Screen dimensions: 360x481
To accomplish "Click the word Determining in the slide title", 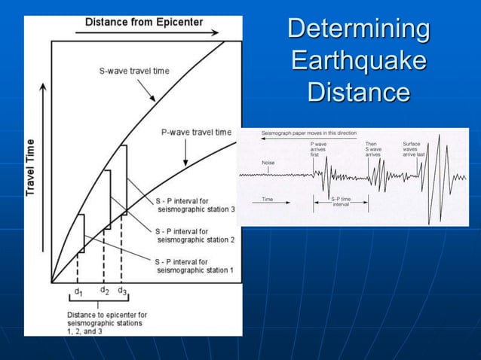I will coord(359,29).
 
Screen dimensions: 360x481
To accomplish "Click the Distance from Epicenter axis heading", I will coord(143,22).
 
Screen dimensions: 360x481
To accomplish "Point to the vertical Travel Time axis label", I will coord(32,166).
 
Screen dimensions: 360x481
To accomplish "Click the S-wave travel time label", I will coord(134,72).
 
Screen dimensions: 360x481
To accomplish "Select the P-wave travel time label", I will coord(196,133).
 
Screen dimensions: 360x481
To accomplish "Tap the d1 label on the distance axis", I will coord(78,291).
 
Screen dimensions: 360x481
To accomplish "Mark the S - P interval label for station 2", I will coord(195,235).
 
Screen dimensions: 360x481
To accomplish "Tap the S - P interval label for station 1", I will coord(195,265).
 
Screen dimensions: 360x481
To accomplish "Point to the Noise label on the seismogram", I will coord(268,163).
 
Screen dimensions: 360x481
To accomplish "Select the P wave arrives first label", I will coord(318,149).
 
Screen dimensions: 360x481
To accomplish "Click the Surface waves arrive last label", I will coord(414,149).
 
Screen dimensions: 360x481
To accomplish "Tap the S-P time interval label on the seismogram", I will coord(342,203).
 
